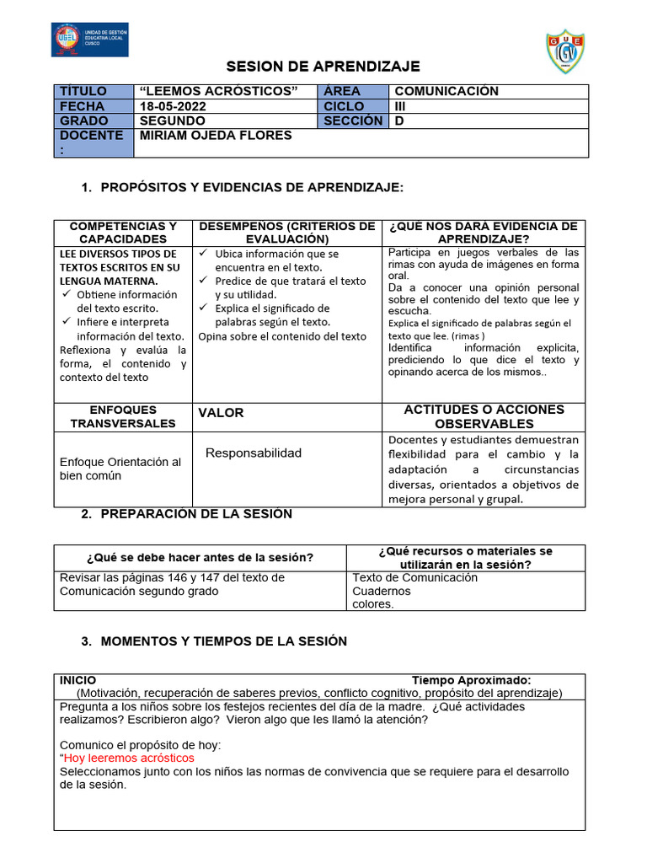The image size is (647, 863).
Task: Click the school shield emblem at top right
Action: click(564, 52)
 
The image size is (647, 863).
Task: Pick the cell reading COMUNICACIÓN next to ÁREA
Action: click(446, 91)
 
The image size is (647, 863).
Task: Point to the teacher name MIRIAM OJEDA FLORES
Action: click(215, 136)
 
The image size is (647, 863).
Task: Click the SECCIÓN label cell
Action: click(353, 121)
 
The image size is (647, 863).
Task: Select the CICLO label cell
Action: click(344, 106)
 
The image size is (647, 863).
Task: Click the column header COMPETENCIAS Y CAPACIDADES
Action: click(123, 233)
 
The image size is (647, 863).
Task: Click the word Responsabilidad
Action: click(254, 453)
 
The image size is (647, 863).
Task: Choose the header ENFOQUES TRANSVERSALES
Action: click(123, 416)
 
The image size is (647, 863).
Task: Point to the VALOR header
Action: click(221, 413)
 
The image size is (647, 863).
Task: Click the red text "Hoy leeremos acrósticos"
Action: click(129, 758)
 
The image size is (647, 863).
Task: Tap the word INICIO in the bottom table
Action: click(78, 680)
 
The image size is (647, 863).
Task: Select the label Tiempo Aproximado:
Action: click(471, 680)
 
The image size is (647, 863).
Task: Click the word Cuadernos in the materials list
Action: click(382, 591)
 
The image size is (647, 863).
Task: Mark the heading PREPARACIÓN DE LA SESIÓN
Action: click(196, 513)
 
